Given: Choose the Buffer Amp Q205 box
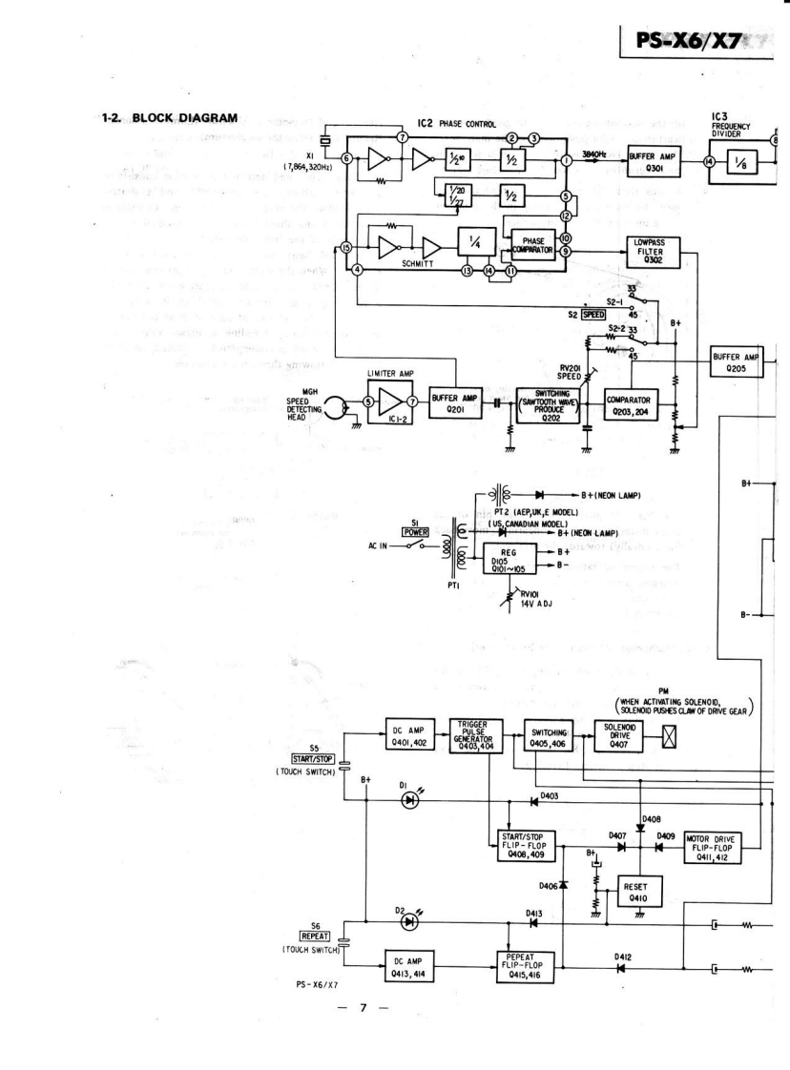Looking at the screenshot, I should tap(736, 363).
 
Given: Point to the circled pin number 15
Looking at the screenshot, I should tap(345, 249).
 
